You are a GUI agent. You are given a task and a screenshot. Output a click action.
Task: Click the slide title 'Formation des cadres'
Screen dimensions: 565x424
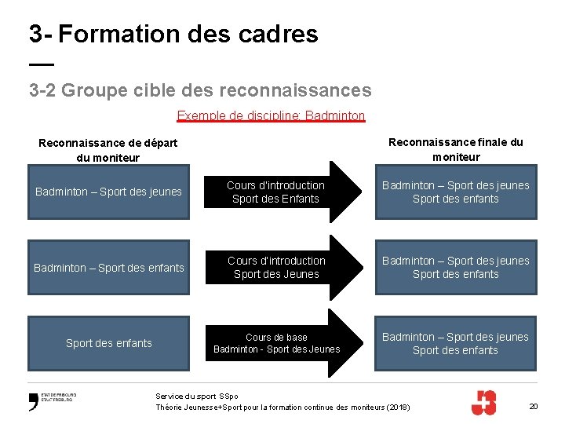click(x=188, y=34)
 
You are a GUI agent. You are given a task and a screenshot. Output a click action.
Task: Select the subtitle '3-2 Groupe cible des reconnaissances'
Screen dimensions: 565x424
click(x=200, y=90)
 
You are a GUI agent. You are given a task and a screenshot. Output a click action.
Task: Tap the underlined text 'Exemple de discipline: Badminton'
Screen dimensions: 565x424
click(x=271, y=116)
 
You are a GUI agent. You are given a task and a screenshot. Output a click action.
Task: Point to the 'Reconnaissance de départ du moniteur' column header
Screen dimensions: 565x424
click(x=108, y=150)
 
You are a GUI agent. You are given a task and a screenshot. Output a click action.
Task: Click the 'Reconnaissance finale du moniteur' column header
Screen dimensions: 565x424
click(x=455, y=149)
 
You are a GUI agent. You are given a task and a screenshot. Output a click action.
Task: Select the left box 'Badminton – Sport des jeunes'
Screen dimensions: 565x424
click(x=108, y=192)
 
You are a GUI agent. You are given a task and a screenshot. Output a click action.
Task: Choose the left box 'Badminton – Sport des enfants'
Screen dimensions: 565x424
click(x=108, y=268)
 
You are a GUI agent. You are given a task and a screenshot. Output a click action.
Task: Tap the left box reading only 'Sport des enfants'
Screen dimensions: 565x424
click(x=108, y=343)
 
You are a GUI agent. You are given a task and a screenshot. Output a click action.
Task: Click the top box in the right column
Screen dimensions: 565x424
click(x=455, y=192)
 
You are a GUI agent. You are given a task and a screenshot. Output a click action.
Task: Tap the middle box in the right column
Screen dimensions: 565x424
click(x=455, y=267)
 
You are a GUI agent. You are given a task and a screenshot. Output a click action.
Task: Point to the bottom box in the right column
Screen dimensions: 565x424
click(x=455, y=343)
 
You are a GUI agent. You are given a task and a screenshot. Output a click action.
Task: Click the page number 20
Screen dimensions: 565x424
click(x=534, y=406)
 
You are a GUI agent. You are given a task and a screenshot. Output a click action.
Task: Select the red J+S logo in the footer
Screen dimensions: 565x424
click(x=483, y=402)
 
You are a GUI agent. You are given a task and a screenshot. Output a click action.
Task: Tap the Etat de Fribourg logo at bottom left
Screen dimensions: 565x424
click(x=52, y=401)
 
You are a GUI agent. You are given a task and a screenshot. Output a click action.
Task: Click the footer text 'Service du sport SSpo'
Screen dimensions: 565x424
click(x=197, y=397)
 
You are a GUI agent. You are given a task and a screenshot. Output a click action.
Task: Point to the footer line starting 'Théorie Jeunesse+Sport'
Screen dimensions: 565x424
click(x=282, y=407)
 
